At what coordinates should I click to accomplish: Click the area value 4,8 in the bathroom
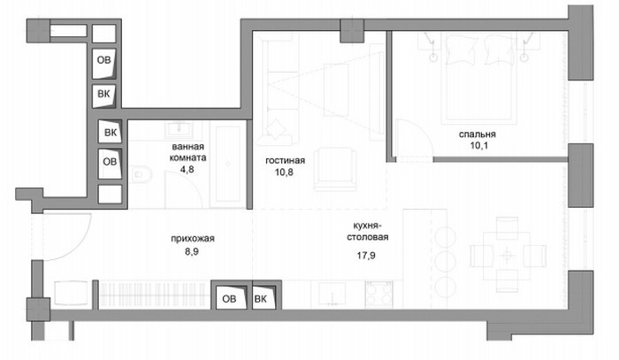click(x=187, y=169)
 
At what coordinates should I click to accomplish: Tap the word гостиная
click(x=285, y=160)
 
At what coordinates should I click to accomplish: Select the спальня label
click(x=478, y=134)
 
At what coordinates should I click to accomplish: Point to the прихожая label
click(x=193, y=239)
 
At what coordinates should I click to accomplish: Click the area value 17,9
click(x=366, y=256)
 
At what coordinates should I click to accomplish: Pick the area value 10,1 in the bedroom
click(x=479, y=145)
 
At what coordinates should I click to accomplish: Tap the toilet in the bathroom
click(x=141, y=174)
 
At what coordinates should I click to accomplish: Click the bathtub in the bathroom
click(x=228, y=164)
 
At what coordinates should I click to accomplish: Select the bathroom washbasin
click(x=180, y=128)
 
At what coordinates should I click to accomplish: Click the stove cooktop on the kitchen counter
click(x=379, y=294)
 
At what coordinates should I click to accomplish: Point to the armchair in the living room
click(x=335, y=169)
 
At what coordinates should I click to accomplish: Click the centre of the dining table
click(x=507, y=256)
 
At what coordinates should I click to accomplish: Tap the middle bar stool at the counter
click(x=445, y=261)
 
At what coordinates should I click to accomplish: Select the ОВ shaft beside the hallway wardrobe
click(x=229, y=298)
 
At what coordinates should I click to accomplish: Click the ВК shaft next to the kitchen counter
click(x=264, y=298)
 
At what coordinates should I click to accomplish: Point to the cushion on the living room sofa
click(x=276, y=128)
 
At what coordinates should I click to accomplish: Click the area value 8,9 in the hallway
click(x=192, y=251)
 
